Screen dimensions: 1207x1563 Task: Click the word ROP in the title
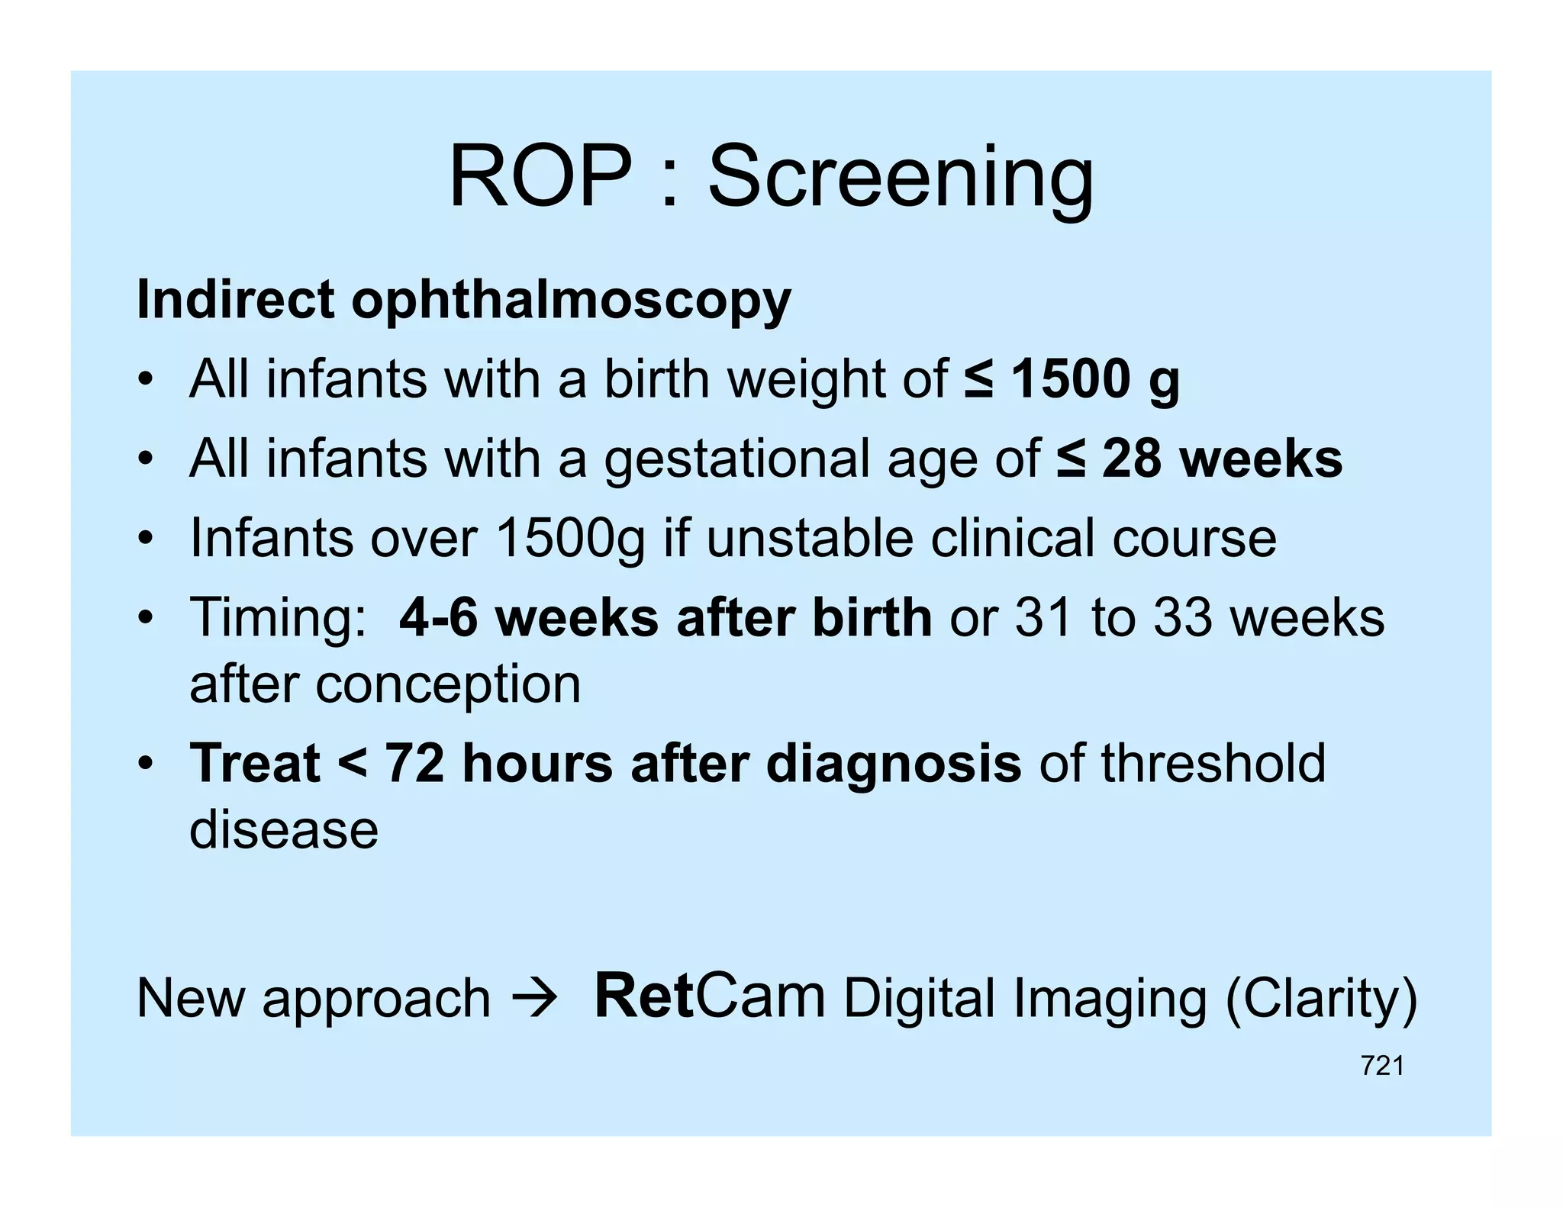540,177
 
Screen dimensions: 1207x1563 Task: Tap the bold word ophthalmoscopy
571,301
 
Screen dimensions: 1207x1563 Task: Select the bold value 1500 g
1094,379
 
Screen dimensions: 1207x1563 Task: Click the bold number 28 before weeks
1132,459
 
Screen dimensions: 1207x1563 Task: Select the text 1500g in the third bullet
569,539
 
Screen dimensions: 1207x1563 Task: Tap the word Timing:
278,617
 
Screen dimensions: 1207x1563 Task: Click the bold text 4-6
438,617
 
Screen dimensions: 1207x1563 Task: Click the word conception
448,684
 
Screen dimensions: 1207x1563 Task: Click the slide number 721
1381,1066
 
